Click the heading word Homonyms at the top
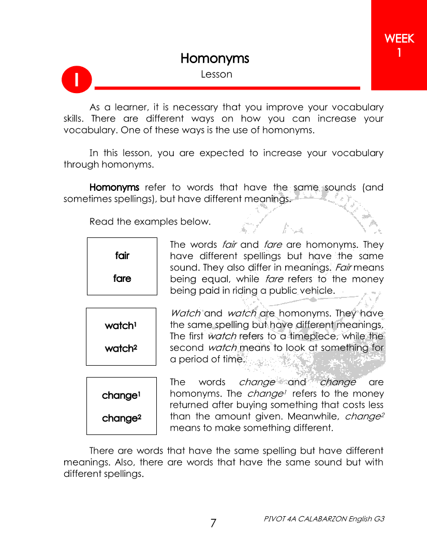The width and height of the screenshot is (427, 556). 215,58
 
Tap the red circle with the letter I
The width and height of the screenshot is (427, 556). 76,81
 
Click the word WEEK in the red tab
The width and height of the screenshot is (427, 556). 400,39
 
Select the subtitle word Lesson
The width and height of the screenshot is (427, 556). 216,74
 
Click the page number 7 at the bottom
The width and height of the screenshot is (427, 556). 213,523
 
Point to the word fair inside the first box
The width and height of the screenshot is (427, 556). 122,256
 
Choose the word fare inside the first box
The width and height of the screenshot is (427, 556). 122,278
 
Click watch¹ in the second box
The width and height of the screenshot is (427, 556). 121,325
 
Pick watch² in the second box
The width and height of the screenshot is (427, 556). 121,348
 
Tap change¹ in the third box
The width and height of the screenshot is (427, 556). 122,395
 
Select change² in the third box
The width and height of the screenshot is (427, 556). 122,418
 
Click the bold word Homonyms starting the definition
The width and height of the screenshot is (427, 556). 114,187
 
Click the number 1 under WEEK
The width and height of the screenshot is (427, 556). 399,52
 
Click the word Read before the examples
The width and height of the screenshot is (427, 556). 101,222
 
